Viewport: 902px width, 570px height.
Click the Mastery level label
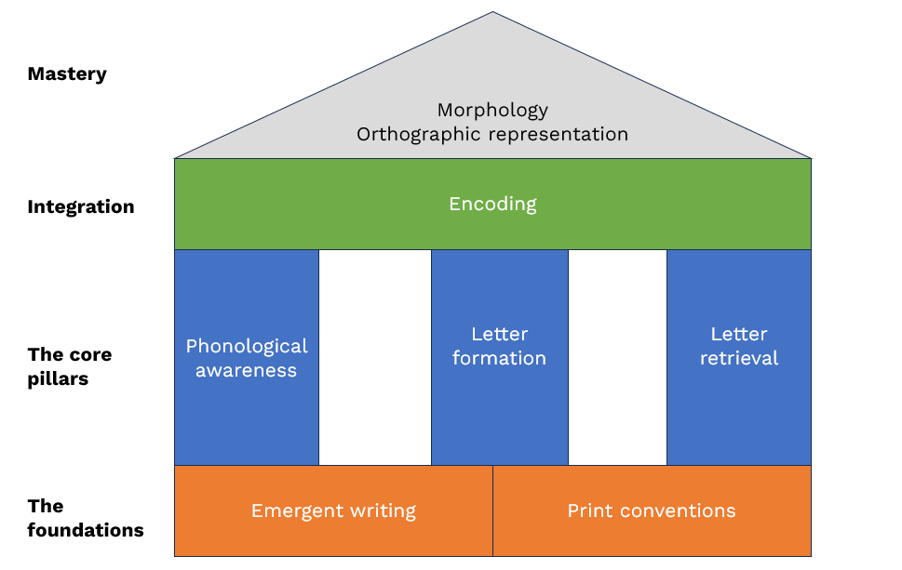click(67, 74)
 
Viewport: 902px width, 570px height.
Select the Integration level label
click(80, 206)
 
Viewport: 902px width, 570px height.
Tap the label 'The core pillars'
click(70, 366)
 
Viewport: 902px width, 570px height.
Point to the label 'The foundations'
click(86, 519)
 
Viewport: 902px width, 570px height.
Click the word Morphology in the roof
click(492, 110)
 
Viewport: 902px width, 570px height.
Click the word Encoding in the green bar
click(492, 204)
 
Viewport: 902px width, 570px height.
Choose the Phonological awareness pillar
click(247, 358)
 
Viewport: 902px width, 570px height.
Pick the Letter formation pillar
click(500, 358)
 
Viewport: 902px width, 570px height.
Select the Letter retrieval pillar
click(739, 358)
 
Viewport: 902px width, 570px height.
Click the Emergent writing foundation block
click(333, 510)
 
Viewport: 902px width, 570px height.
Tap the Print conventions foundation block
click(652, 510)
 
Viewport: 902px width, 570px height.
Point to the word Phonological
click(247, 346)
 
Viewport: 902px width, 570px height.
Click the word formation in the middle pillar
click(500, 358)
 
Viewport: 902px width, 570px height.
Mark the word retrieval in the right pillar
click(739, 358)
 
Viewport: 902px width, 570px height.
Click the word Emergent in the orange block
click(292, 510)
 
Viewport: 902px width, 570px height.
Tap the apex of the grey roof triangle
click(492, 14)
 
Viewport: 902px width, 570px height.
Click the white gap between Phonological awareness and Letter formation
click(375, 358)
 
